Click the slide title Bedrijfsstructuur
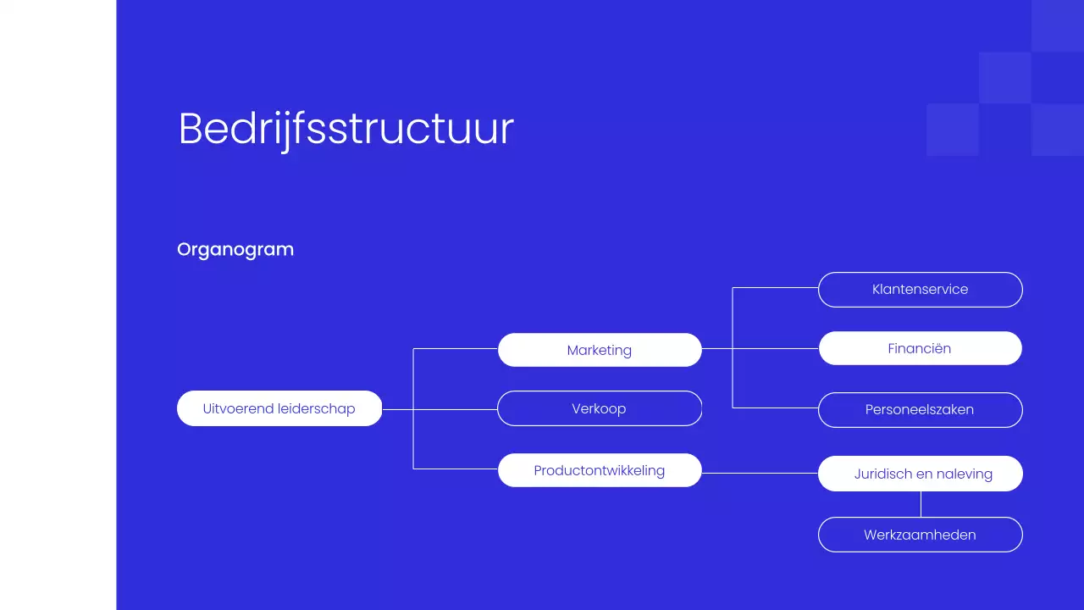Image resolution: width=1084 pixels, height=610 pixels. coord(346,130)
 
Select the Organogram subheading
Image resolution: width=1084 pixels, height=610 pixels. coord(235,249)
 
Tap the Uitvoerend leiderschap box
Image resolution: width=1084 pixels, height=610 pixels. coord(279,408)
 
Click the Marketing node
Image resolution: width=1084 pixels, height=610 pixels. coord(600,350)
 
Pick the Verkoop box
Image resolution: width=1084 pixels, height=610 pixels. coord(600,408)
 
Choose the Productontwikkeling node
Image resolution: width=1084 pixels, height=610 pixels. coord(600,470)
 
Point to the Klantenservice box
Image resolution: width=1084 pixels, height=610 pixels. coord(920,290)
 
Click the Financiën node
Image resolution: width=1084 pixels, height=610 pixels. coord(920,348)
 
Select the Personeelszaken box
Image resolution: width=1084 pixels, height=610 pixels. coord(920,410)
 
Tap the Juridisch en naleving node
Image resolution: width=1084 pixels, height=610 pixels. coord(920,474)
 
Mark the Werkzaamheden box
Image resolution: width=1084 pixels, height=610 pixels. coord(920,535)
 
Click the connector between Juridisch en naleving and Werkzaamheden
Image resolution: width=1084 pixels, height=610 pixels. coord(921,504)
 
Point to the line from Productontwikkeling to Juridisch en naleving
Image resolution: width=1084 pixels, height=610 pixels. coord(760,473)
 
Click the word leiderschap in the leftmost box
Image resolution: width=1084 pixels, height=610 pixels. coord(316,408)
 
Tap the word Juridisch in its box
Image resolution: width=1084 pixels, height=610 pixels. coord(883,474)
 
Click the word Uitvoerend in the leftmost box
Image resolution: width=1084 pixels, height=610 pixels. coord(238,408)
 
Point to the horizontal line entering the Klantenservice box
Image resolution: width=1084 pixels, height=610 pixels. coord(775,288)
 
